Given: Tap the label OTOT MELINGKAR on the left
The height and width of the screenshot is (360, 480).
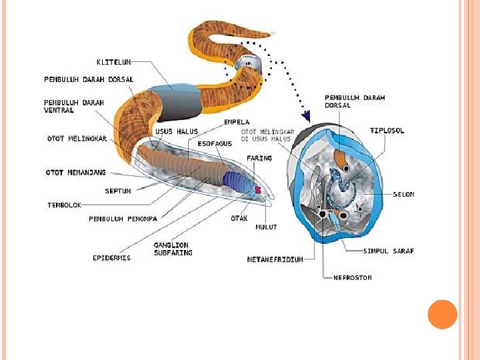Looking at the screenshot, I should [x=77, y=139].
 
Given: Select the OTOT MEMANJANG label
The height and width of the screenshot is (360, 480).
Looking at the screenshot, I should [x=76, y=173].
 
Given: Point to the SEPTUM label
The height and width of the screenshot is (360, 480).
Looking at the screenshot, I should [x=117, y=191].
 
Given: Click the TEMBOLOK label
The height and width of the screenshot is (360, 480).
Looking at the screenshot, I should [x=64, y=205].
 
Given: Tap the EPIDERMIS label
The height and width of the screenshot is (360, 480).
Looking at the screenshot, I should [x=111, y=258].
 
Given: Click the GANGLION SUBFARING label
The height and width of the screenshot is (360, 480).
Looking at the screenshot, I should [x=173, y=249].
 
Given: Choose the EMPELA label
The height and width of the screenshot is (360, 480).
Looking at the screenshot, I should [x=237, y=122].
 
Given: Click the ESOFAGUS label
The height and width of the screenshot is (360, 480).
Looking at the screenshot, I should [x=215, y=143].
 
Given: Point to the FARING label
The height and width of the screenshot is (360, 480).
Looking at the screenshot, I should [x=259, y=159].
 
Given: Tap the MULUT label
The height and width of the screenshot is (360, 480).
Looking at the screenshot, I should [x=266, y=227].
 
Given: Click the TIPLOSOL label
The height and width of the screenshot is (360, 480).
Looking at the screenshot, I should [x=387, y=131].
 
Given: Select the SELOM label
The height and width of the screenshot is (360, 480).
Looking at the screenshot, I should [x=403, y=195].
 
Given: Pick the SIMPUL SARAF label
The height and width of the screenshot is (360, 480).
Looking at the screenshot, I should [x=388, y=251].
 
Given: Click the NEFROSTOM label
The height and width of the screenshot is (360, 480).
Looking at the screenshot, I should [x=352, y=277].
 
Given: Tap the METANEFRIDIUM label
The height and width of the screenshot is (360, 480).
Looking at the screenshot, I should [x=275, y=259].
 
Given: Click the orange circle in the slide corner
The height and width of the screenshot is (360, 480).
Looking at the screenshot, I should [x=442, y=314].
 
